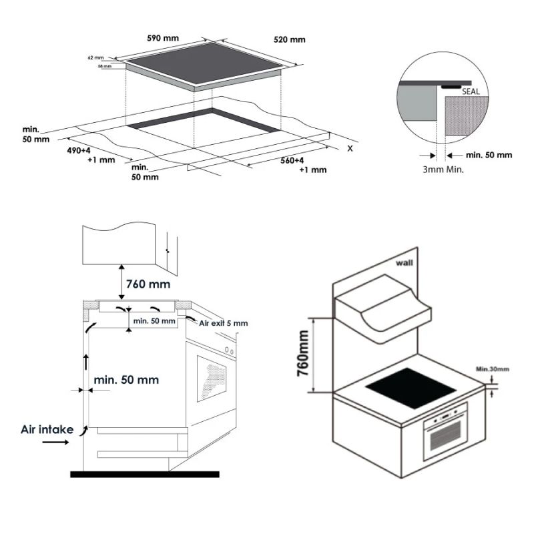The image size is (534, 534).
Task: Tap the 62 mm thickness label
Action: pos(96,58)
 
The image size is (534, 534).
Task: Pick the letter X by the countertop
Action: pos(349,148)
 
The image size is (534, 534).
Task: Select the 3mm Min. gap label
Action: pos(443,170)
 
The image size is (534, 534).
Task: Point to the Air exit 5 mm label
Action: pos(224,323)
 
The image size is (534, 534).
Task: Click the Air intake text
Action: pos(46,430)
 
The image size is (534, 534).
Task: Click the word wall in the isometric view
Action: pos(404,263)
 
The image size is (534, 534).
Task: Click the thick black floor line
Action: pos(144,474)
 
